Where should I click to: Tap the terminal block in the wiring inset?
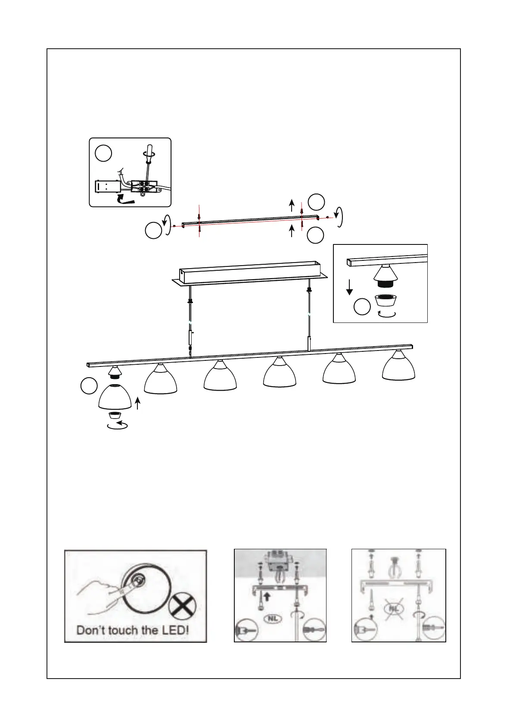point(144,188)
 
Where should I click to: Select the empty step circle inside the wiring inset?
point(104,153)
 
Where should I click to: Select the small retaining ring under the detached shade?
point(114,415)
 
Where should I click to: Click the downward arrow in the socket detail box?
point(349,287)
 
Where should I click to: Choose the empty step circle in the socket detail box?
point(362,307)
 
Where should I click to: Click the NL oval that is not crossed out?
point(273,618)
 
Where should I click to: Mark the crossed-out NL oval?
point(394,609)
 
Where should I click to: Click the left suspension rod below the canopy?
point(190,321)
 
